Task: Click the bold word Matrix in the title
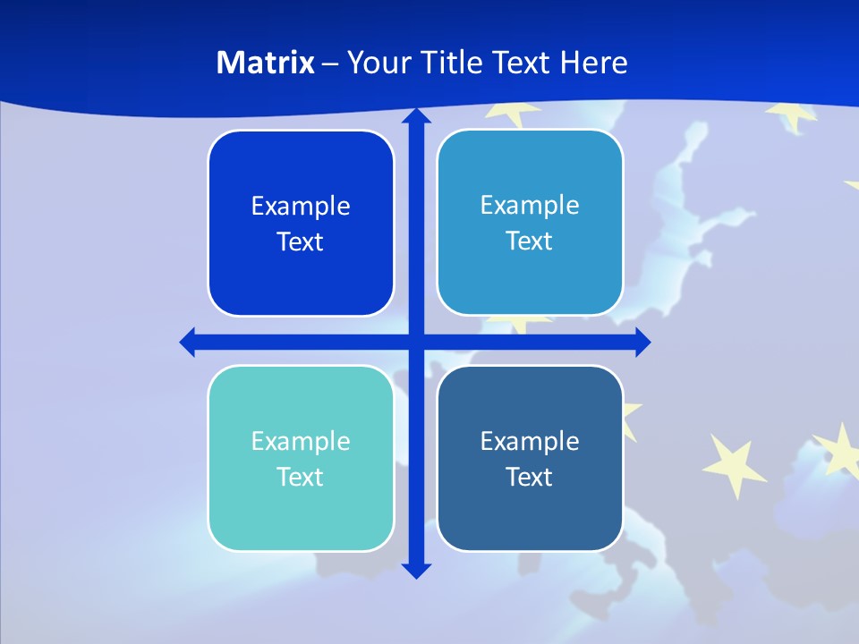[266, 63]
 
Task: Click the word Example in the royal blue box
[301, 207]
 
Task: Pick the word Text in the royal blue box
[301, 242]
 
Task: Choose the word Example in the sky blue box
[530, 206]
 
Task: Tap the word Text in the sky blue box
[530, 241]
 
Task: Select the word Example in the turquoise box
[301, 441]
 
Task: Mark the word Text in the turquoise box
[301, 477]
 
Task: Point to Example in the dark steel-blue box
[530, 441]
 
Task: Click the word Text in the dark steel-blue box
[530, 477]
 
